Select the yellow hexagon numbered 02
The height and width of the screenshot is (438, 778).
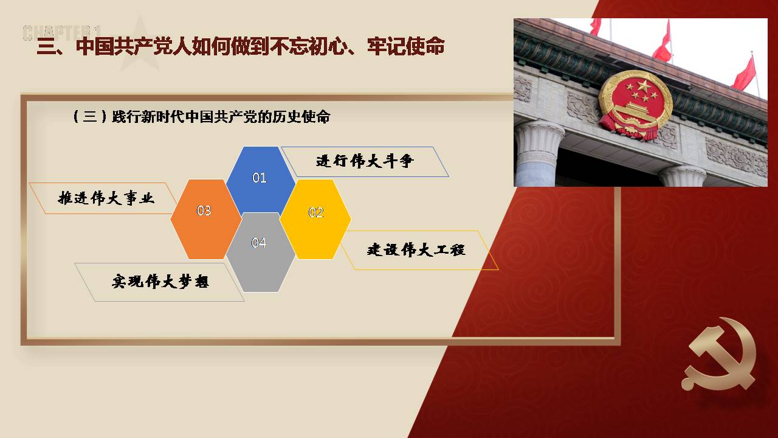point(315,219)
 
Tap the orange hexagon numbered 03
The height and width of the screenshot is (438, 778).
point(206,219)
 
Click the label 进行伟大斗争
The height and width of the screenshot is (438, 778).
point(365,162)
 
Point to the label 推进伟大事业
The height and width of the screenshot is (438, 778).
point(106,198)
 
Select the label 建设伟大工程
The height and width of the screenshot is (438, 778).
point(416,250)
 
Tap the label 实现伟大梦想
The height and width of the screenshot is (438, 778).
point(160,282)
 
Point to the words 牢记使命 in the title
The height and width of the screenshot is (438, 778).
point(405,46)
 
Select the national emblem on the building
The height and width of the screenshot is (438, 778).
point(635,105)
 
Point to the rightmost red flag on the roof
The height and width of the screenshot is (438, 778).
point(744,73)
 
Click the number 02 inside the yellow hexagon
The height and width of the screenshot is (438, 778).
point(316,212)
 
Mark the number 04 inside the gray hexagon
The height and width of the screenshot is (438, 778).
point(259,243)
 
